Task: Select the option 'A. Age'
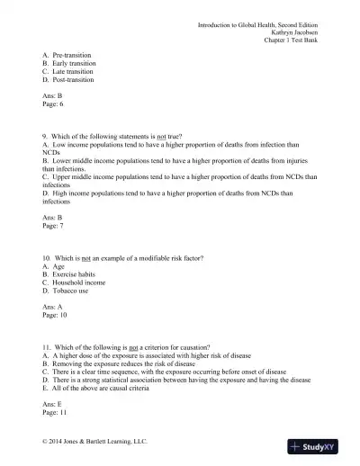tap(55, 267)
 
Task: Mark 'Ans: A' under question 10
tap(55, 308)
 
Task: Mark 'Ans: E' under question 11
tap(55, 404)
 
